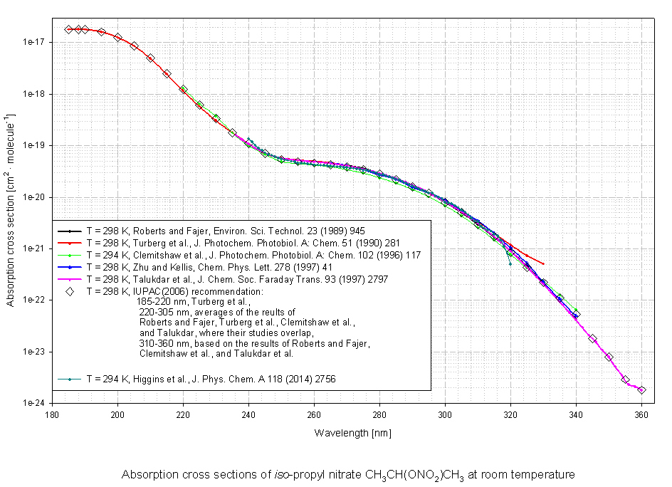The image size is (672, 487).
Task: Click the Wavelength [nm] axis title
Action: [x=347, y=432]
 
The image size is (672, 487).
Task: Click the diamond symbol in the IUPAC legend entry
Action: [x=69, y=291]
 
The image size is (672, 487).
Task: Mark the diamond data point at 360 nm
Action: [x=641, y=390]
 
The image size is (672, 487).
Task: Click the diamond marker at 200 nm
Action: [x=117, y=37]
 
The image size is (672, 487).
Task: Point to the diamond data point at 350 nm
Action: [x=609, y=357]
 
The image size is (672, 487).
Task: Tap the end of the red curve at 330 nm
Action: [x=543, y=263]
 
